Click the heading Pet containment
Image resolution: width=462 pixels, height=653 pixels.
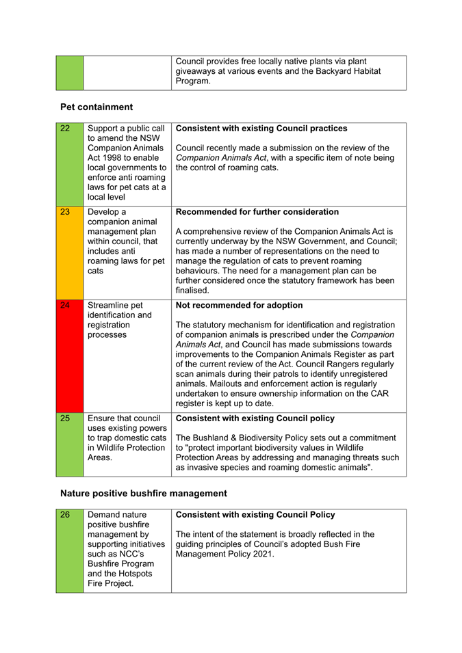tap(97, 107)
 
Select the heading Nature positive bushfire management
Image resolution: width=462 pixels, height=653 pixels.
tap(143, 493)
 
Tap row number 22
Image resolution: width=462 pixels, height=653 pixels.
tap(65, 128)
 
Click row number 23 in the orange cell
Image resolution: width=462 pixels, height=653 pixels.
tap(65, 212)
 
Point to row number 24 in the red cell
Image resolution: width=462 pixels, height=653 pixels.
tap(65, 305)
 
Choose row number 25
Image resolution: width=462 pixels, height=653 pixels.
tap(65, 418)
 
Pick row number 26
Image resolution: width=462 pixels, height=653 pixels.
tap(65, 514)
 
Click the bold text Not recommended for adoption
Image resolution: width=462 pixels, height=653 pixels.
tap(238, 305)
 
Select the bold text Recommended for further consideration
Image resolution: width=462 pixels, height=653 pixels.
tap(257, 212)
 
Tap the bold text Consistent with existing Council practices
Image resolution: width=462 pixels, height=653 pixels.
tap(261, 128)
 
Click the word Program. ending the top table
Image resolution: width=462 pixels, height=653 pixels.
tap(193, 81)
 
